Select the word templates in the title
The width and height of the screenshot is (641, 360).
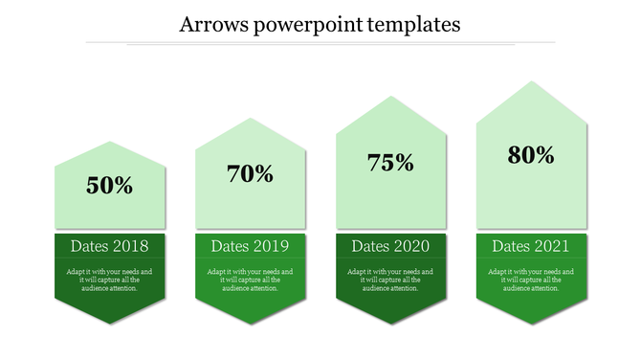(414, 24)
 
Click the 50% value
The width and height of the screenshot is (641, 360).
(110, 186)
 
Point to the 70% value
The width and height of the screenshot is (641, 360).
(251, 174)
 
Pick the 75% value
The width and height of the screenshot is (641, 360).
(391, 163)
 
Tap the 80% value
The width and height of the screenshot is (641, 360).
(532, 154)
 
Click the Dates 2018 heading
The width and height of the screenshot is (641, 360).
(110, 246)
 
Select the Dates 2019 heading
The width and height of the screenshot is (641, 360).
(251, 246)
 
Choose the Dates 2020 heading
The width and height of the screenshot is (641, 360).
(391, 246)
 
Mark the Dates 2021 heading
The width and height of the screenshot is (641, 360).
(532, 246)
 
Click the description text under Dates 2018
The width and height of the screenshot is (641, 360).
(110, 280)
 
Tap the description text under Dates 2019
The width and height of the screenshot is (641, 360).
(251, 280)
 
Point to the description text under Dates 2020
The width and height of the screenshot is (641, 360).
(391, 280)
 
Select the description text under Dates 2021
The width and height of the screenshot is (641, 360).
(532, 280)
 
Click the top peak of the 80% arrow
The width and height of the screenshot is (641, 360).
(532, 83)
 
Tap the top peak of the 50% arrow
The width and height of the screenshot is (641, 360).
(110, 143)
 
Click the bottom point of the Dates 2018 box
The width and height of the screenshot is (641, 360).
(110, 325)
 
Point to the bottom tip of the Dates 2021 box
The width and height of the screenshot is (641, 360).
(532, 325)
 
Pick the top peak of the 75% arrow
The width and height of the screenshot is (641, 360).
(391, 98)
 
